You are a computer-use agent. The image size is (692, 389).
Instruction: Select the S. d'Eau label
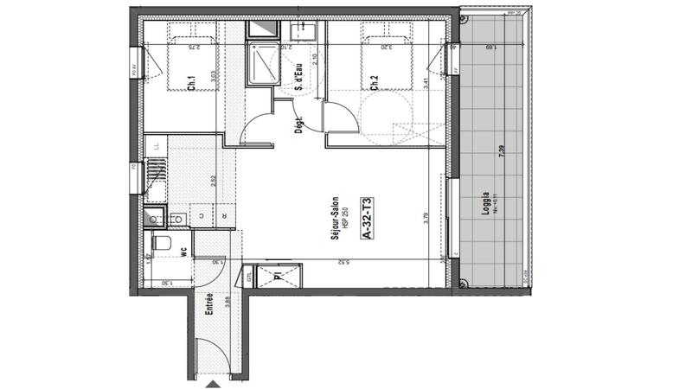tap(299, 79)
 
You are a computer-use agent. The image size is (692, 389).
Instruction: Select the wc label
tap(184, 253)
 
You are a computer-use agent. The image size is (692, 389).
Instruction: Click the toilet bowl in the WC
tap(161, 243)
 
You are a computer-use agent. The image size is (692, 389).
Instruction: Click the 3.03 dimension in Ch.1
tap(213, 77)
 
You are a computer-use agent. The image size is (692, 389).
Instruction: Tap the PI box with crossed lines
tap(277, 277)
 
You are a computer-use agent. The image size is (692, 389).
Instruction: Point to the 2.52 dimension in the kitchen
tap(213, 182)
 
